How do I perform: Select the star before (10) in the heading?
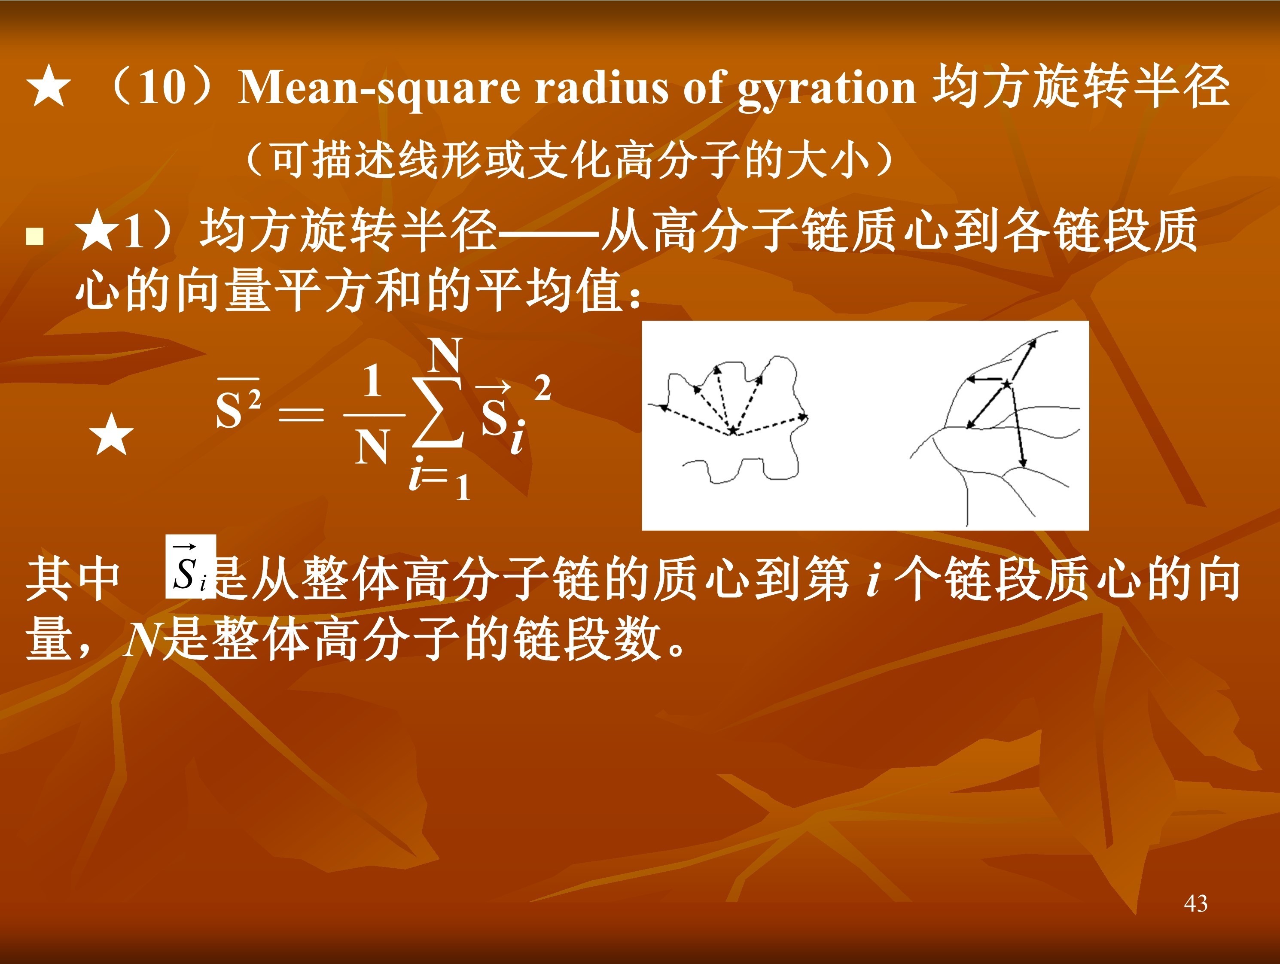click(49, 87)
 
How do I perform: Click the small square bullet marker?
click(35, 237)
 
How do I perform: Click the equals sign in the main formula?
click(301, 414)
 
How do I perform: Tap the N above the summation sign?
click(445, 355)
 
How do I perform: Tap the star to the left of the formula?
click(112, 435)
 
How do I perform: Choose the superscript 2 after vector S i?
click(542, 388)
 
